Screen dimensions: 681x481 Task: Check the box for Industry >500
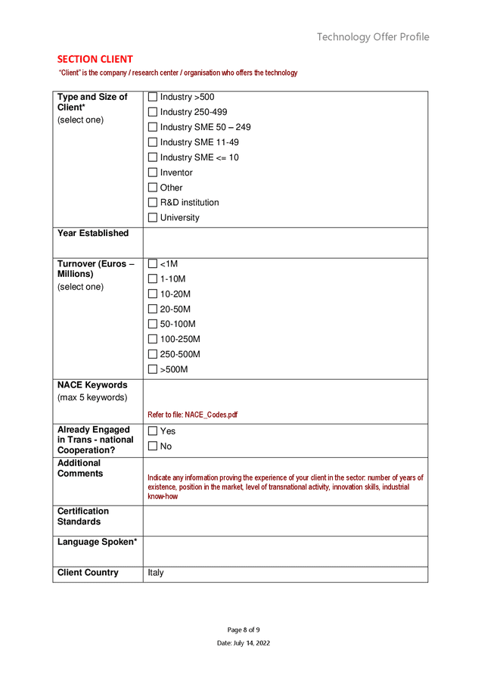tap(153, 97)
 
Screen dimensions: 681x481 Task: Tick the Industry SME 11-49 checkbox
tap(153, 142)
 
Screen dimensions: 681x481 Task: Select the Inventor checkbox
tap(153, 173)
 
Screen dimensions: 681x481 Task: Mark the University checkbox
tap(153, 218)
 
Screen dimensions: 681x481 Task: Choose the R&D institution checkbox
tap(153, 203)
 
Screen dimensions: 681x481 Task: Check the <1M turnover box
tap(153, 264)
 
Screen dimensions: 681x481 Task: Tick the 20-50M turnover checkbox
tap(153, 309)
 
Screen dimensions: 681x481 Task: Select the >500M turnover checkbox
tap(153, 370)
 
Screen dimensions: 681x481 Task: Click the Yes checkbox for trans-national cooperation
tap(153, 431)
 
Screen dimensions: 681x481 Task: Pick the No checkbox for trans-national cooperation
tap(153, 446)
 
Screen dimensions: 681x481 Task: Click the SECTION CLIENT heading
tap(95, 59)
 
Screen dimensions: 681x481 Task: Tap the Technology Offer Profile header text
tap(373, 37)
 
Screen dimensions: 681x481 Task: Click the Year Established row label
tap(93, 233)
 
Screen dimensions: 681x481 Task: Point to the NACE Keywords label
tap(92, 385)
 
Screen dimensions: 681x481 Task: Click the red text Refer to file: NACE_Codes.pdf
tap(192, 415)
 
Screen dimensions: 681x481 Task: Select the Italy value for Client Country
tap(156, 573)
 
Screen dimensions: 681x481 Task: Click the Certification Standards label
tap(83, 517)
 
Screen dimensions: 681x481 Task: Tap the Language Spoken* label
tap(97, 542)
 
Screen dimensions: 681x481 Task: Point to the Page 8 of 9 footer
tap(244, 630)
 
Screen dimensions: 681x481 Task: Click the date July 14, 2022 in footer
tap(244, 643)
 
